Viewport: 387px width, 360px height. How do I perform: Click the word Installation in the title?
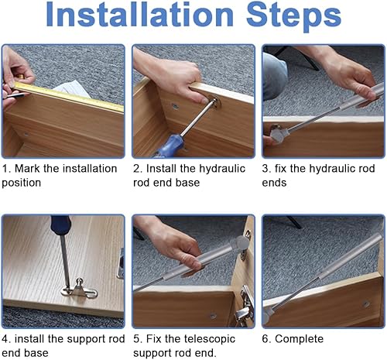(139, 14)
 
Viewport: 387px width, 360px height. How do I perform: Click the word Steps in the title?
(294, 17)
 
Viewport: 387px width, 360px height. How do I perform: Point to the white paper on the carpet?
(72, 88)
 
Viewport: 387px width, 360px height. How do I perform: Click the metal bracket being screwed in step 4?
(80, 289)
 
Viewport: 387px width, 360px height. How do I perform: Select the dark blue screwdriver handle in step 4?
(61, 225)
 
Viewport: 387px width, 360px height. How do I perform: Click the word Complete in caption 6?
(299, 339)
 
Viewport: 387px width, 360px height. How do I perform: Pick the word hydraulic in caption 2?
(222, 169)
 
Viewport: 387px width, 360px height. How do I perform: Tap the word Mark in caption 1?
(27, 169)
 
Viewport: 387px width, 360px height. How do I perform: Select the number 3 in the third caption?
(265, 169)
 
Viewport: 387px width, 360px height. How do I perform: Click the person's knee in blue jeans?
(275, 75)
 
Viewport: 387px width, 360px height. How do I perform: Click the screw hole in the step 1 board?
(26, 134)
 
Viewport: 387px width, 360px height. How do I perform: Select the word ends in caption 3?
(274, 183)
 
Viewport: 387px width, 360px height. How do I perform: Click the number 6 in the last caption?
(265, 339)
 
